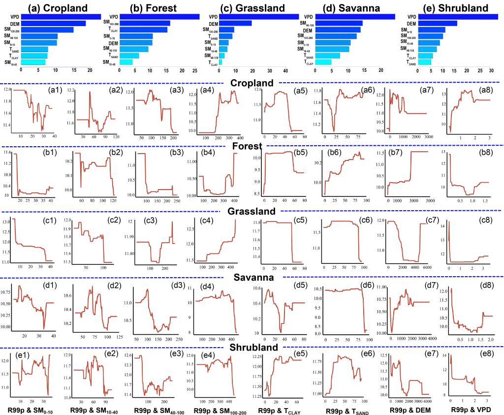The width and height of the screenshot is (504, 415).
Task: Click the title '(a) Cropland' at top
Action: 58,8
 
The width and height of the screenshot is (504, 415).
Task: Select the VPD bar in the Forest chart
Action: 159,17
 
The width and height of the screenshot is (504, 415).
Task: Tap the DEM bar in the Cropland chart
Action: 51,23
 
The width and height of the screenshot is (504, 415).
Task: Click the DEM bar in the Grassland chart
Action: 235,23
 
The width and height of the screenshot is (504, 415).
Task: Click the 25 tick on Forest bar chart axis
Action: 195,71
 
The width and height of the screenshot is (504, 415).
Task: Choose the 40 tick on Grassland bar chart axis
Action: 285,71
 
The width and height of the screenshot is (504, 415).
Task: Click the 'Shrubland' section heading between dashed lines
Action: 252,347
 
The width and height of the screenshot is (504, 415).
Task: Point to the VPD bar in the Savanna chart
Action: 354,17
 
